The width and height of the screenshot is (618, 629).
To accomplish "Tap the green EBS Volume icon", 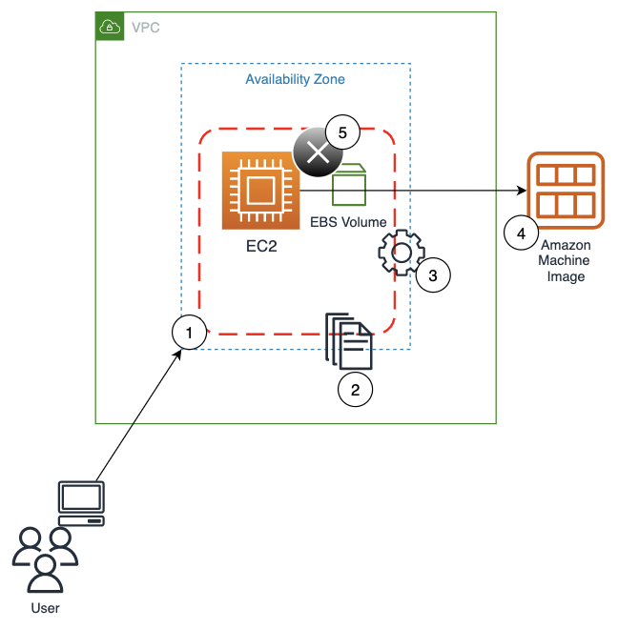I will pos(349,186).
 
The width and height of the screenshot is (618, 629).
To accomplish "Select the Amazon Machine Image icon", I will pos(565,191).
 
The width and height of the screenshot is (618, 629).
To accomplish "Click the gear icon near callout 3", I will pos(401,253).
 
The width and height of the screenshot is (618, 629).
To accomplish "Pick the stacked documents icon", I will pos(348,340).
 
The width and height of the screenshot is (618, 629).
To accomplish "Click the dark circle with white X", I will pos(317,153).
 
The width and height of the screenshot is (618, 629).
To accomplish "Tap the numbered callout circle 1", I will pos(190,333).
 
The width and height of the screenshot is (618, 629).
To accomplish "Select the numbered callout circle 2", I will pos(356,389).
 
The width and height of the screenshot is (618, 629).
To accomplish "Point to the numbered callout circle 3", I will pos(432,275).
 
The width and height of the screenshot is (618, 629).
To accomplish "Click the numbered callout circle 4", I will pos(521,233).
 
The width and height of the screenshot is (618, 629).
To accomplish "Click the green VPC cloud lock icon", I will pos(110,27).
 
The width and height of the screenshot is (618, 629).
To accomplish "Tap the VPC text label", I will pos(145,27).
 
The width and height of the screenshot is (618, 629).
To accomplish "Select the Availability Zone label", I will pos(295,79).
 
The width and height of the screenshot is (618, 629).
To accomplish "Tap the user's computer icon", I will pos(82,504).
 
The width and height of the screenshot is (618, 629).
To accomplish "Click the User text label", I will pos(45,607).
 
